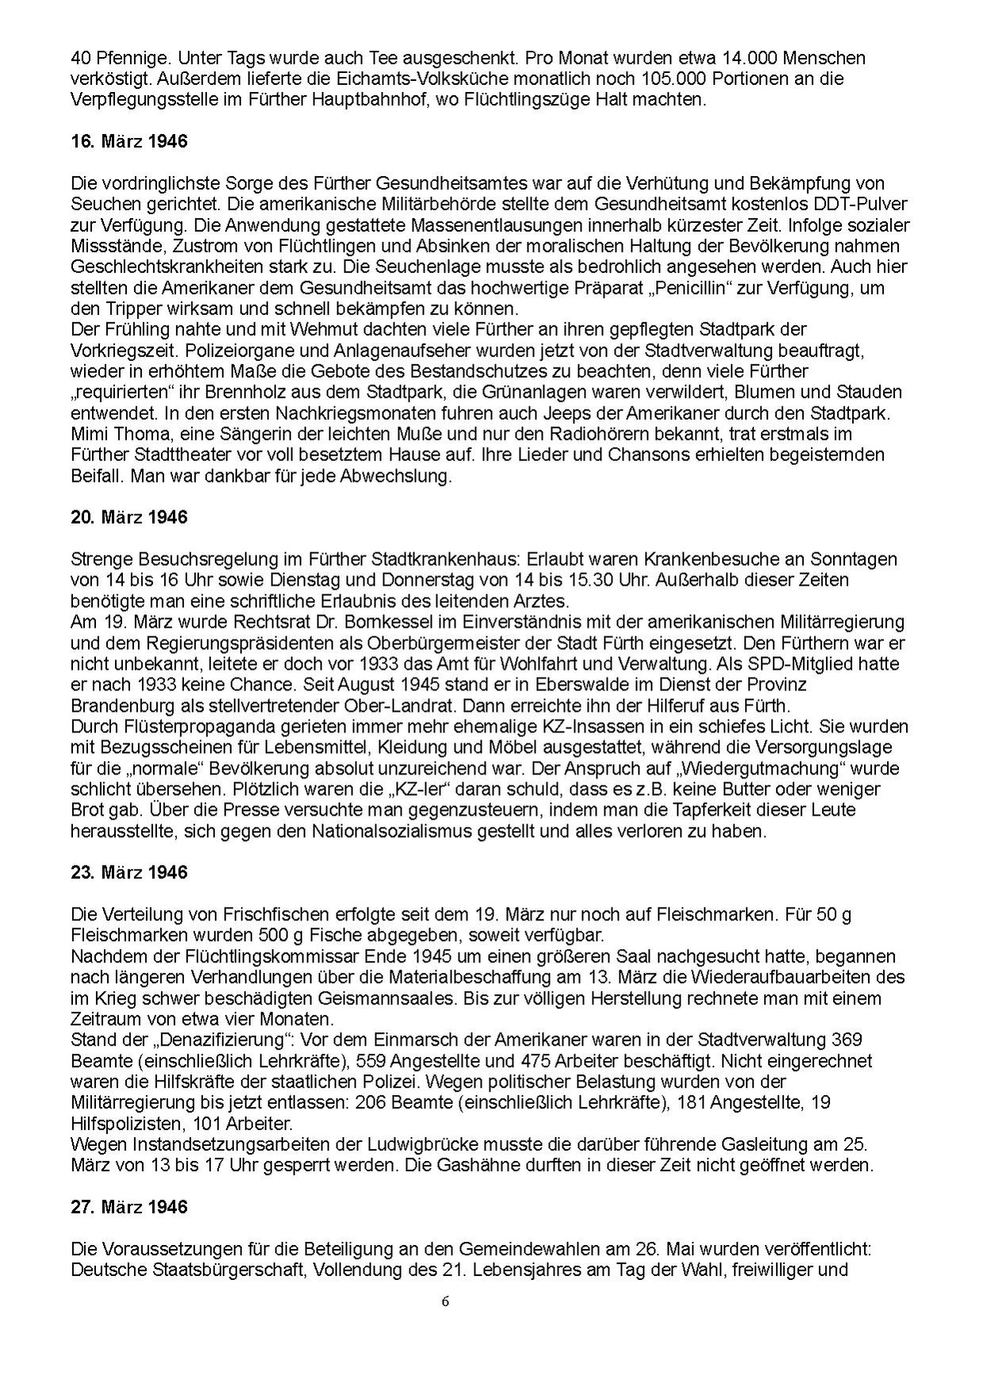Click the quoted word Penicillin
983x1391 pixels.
click(535, 288)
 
